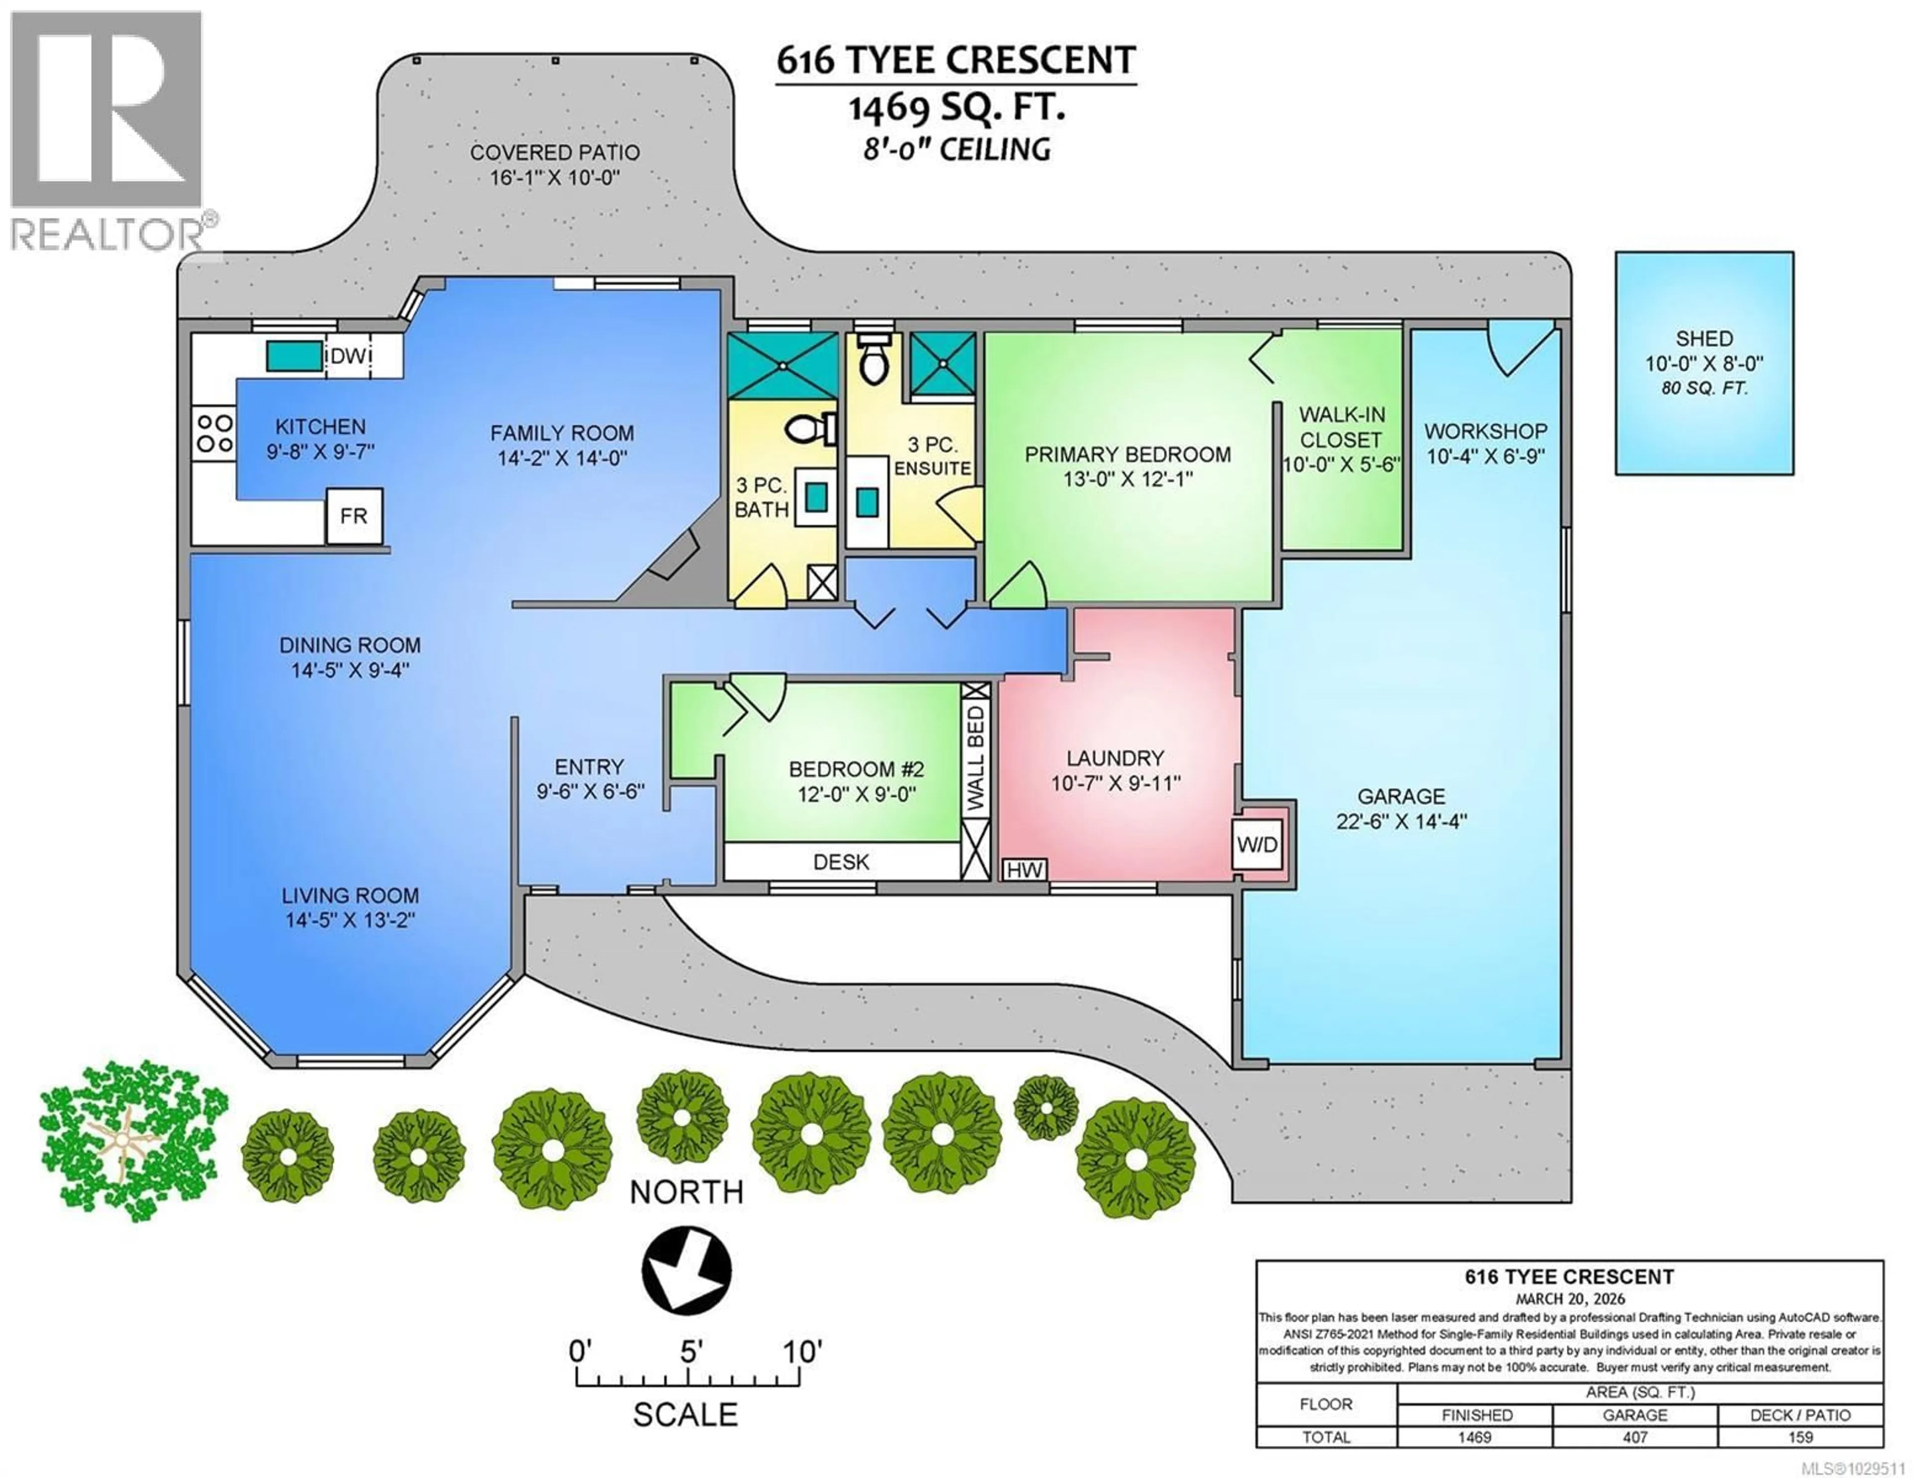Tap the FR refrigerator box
[x=354, y=516]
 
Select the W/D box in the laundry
[x=1257, y=844]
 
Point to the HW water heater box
[x=1024, y=870]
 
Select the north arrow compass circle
[x=686, y=1269]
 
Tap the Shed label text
[x=1704, y=338]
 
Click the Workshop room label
[x=1486, y=431]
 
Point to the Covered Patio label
[x=554, y=152]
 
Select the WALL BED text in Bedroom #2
[x=976, y=759]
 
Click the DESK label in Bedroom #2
[x=841, y=862]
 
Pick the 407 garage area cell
[x=1635, y=1438]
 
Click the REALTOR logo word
[x=105, y=235]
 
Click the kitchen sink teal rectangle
[x=294, y=356]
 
